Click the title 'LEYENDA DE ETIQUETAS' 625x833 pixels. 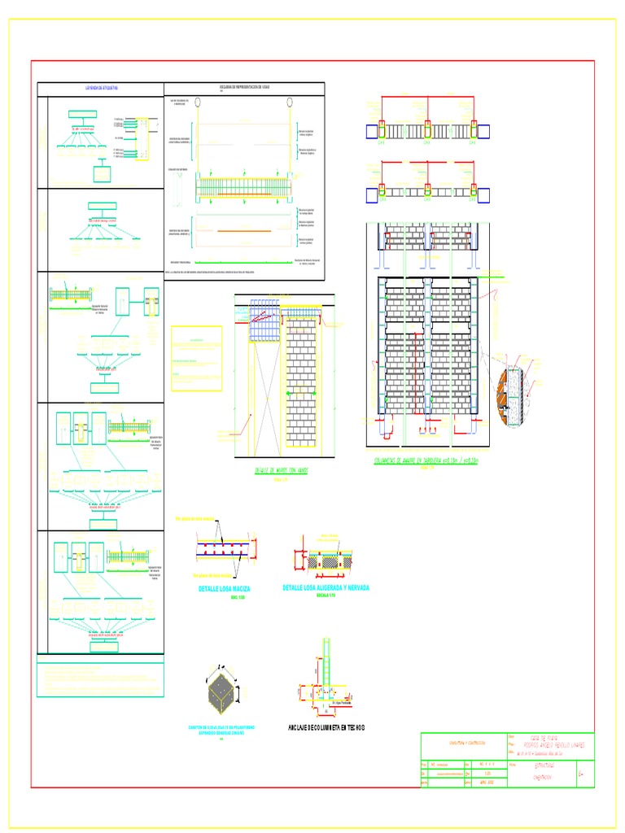point(102,86)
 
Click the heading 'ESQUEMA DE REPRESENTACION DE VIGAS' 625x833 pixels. point(244,86)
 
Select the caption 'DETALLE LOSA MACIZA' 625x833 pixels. point(224,588)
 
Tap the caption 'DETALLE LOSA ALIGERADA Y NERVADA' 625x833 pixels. point(325,587)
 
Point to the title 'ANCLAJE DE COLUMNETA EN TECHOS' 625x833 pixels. point(326,726)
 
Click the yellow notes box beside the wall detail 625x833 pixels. point(195,358)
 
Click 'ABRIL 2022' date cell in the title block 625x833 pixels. point(487,783)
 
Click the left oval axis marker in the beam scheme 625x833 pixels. point(195,102)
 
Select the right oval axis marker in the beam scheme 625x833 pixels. point(291,102)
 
